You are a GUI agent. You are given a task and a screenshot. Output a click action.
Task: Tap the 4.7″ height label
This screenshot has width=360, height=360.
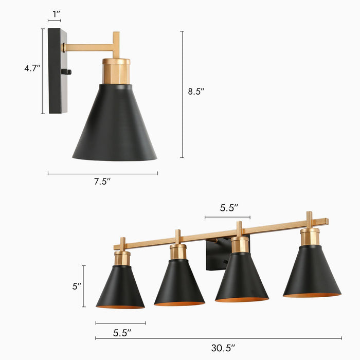click(x=32, y=68)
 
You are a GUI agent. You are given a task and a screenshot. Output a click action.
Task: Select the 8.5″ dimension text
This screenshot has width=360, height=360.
click(x=195, y=92)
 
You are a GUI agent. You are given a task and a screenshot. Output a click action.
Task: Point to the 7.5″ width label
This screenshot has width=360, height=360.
click(x=102, y=182)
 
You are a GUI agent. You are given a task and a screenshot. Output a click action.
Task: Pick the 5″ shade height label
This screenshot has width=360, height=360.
click(x=77, y=286)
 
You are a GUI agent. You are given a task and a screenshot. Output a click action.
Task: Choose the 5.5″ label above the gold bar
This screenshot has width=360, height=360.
click(x=228, y=208)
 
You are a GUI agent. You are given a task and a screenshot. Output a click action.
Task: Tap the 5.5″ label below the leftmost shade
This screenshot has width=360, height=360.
click(x=122, y=333)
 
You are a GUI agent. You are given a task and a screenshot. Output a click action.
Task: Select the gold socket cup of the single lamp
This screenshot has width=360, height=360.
click(x=116, y=71)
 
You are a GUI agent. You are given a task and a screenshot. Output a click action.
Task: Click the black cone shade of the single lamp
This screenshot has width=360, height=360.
click(x=115, y=126)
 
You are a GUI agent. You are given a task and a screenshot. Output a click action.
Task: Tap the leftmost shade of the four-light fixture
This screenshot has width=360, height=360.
click(x=120, y=288)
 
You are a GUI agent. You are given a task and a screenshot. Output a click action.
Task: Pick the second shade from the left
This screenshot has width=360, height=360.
click(x=179, y=283)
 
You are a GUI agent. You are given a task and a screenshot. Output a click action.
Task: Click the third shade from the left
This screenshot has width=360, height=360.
click(x=241, y=278)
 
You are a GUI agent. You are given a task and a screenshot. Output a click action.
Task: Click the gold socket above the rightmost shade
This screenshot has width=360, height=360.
click(x=310, y=237)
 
